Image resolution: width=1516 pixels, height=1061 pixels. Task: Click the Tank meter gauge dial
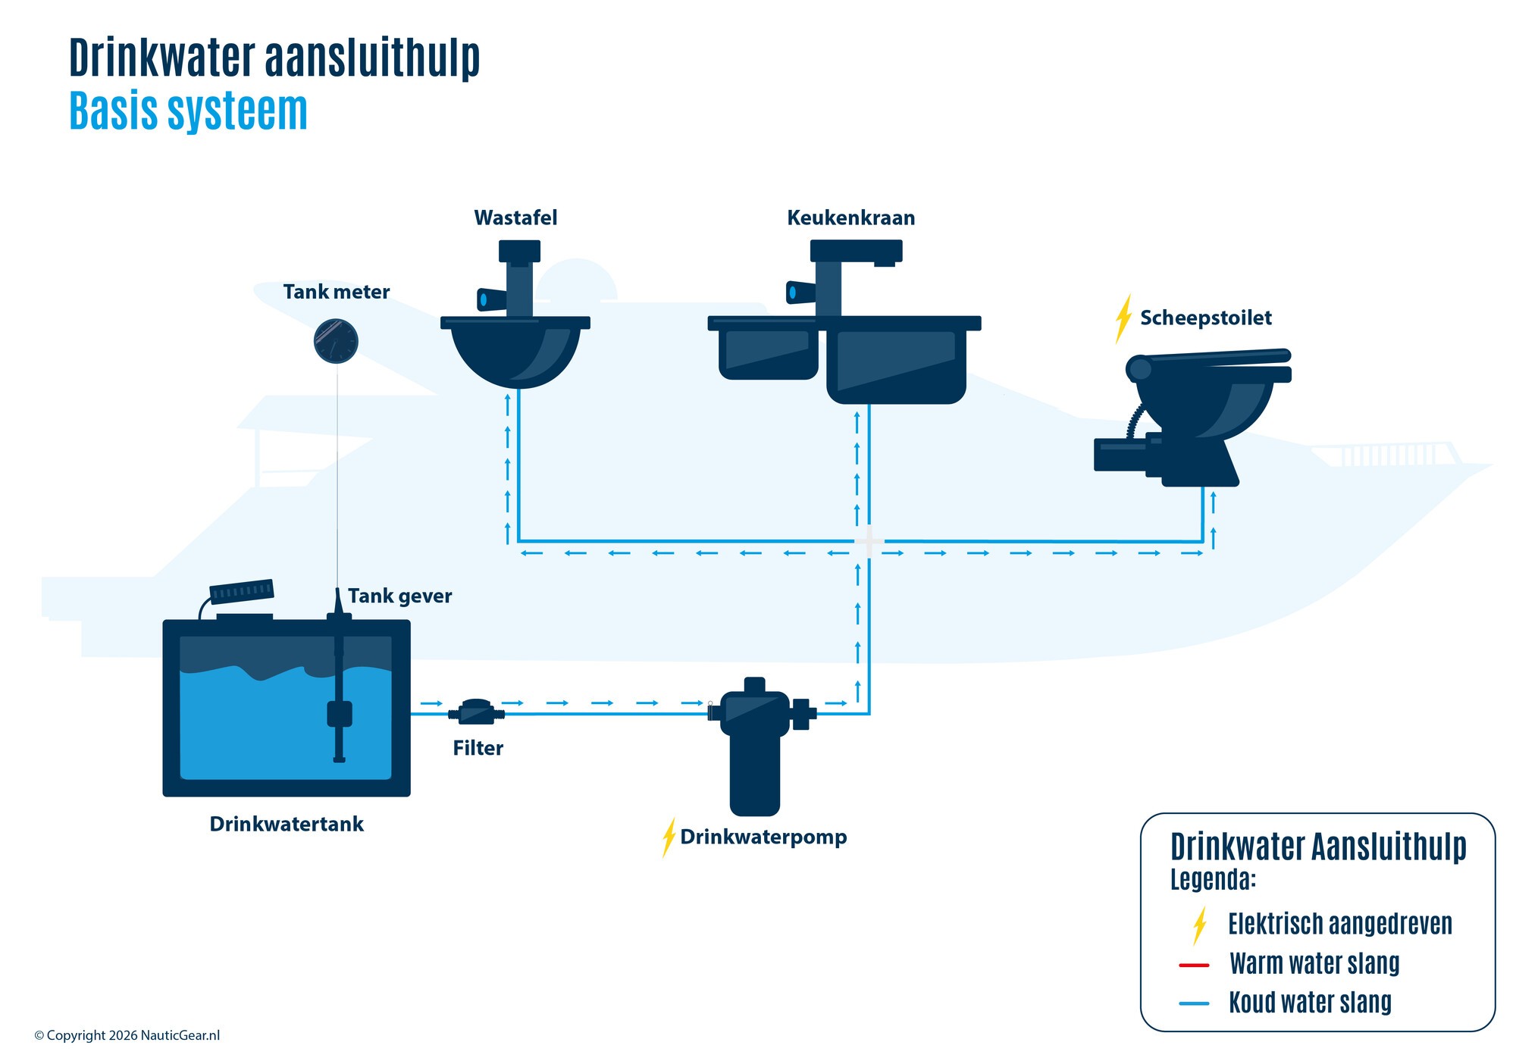coord(336,341)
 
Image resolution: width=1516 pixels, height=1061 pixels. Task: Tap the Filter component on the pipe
coord(477,712)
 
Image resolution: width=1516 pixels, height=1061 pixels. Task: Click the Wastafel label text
coord(515,218)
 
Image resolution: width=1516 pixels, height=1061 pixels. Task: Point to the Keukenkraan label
coord(850,218)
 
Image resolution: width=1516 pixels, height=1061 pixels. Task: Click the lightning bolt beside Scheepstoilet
coord(1123,318)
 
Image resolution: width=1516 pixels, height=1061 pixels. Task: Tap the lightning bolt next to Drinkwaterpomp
coord(669,837)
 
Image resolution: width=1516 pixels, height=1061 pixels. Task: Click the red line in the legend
coord(1194,965)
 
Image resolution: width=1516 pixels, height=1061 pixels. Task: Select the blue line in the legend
coord(1194,1003)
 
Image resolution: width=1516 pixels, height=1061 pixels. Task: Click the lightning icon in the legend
coord(1199,925)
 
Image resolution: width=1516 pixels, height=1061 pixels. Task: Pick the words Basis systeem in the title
coord(188,111)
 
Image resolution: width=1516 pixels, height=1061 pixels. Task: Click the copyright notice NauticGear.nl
coord(127,1035)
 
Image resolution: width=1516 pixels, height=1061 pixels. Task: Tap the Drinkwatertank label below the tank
coord(287,825)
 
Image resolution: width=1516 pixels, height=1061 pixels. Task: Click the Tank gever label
coord(399,596)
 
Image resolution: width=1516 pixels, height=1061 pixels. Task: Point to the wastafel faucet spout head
coord(519,251)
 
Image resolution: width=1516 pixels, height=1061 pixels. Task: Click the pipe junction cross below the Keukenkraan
coord(869,542)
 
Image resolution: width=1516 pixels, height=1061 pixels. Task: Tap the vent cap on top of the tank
coord(241,590)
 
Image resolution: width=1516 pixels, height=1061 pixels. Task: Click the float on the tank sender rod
coord(339,714)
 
